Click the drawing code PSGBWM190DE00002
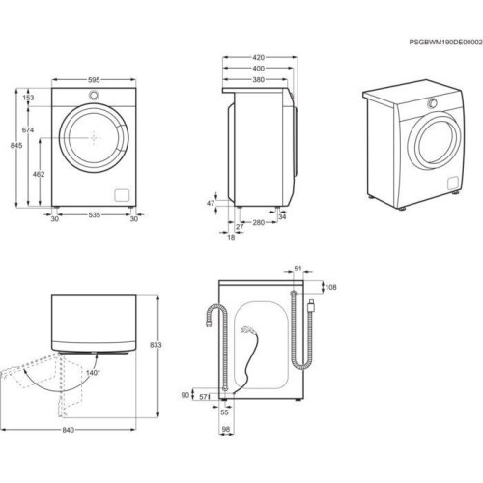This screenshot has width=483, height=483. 446,43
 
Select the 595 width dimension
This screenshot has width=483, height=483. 94,80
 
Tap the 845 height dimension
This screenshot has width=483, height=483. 16,146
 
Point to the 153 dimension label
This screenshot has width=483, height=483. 28,98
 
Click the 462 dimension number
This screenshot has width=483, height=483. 39,174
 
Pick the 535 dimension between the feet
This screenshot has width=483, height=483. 95,214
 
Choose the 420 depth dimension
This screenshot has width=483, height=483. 258,57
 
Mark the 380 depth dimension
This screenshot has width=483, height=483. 258,79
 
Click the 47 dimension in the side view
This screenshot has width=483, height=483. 211,203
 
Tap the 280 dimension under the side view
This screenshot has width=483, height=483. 258,222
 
